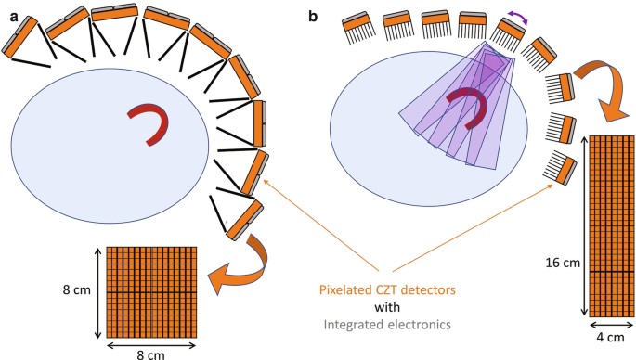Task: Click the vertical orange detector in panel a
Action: pyautogui.click(x=260, y=122)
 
